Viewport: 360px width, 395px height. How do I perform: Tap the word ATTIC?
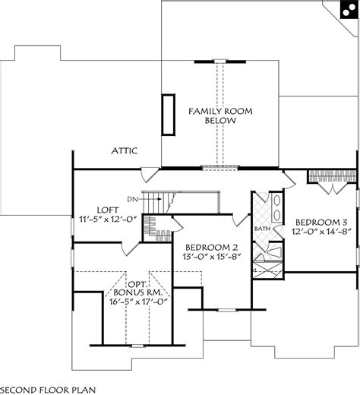tap(123, 150)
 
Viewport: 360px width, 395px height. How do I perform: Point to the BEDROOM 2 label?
tap(212, 247)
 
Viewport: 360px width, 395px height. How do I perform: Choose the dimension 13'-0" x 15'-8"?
tap(212, 258)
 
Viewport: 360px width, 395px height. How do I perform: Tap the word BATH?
tap(263, 228)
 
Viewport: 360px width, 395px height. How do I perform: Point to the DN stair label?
tap(132, 199)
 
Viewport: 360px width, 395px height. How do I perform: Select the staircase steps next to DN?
tap(153, 204)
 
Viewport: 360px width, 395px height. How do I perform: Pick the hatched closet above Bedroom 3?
tap(330, 175)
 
